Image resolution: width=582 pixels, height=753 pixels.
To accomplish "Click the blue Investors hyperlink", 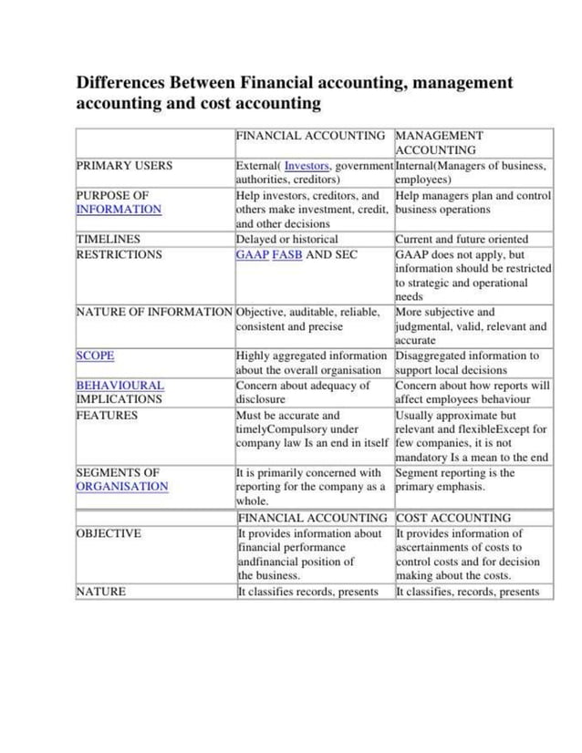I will pyautogui.click(x=307, y=166).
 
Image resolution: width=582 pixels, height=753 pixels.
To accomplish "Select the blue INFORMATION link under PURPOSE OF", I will pyautogui.click(x=119, y=210).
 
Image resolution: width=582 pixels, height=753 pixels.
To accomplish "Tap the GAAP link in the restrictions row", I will pyautogui.click(x=252, y=254).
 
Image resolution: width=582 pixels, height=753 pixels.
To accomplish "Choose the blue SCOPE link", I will pyautogui.click(x=95, y=356).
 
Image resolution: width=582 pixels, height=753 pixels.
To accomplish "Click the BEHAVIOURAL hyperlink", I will pyautogui.click(x=120, y=386).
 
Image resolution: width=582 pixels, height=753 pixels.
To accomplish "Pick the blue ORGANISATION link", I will pyautogui.click(x=121, y=487).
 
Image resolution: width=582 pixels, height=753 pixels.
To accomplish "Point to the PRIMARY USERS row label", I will pyautogui.click(x=123, y=166).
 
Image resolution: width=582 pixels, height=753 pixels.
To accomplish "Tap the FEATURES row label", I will pyautogui.click(x=107, y=415).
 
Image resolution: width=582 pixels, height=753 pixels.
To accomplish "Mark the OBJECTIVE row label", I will pyautogui.click(x=108, y=533).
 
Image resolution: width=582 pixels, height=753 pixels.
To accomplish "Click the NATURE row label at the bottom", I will pyautogui.click(x=100, y=592).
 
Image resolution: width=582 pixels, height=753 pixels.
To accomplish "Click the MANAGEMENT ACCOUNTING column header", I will pyautogui.click(x=440, y=142).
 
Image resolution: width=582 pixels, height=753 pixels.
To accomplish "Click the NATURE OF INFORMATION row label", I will pyautogui.click(x=154, y=312).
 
